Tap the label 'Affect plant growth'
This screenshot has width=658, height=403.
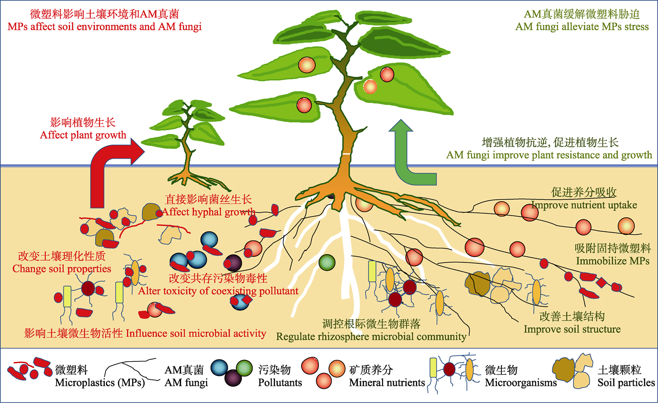[x=83, y=135]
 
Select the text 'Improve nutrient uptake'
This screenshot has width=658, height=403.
[x=584, y=205]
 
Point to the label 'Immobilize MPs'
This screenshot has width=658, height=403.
[x=612, y=261]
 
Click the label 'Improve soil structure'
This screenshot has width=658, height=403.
[x=572, y=329]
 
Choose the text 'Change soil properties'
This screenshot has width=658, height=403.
[x=62, y=269]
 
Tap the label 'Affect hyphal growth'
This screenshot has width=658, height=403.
[x=209, y=212]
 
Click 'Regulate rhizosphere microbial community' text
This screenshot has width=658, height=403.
[x=371, y=336]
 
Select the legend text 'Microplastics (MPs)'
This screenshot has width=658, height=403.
[x=100, y=382]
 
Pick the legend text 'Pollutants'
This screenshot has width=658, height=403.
[x=280, y=382]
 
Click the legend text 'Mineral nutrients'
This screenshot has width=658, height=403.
[x=387, y=382]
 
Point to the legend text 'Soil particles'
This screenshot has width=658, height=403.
[x=626, y=382]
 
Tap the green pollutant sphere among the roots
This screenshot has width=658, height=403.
[x=327, y=262]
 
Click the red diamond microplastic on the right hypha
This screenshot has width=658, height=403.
[x=601, y=283]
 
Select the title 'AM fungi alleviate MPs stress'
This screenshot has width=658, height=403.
[x=582, y=27]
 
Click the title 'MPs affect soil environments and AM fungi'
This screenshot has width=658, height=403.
[x=104, y=27]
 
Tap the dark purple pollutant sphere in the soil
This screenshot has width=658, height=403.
[x=233, y=263]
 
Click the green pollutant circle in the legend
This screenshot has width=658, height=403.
[x=244, y=368]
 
